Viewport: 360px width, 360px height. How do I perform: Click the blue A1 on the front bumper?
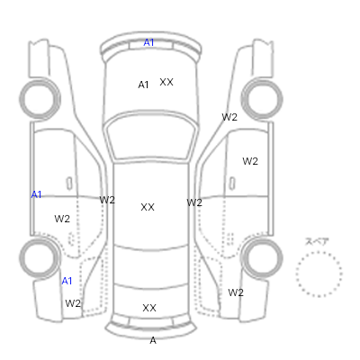tap(148, 42)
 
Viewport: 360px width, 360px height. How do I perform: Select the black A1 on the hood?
tap(143, 85)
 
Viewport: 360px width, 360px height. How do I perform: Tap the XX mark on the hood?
tap(166, 82)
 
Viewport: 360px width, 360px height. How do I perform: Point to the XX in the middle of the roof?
tap(148, 207)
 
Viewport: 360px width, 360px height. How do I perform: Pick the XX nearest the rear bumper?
tap(149, 308)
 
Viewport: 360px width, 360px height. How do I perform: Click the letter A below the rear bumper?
tap(153, 340)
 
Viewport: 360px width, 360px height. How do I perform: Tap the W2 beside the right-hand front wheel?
tap(229, 117)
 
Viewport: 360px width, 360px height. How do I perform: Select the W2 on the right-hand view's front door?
tap(250, 161)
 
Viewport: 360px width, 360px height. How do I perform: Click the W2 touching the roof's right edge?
tap(194, 202)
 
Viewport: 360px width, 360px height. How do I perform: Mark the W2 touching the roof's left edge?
tap(107, 200)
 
